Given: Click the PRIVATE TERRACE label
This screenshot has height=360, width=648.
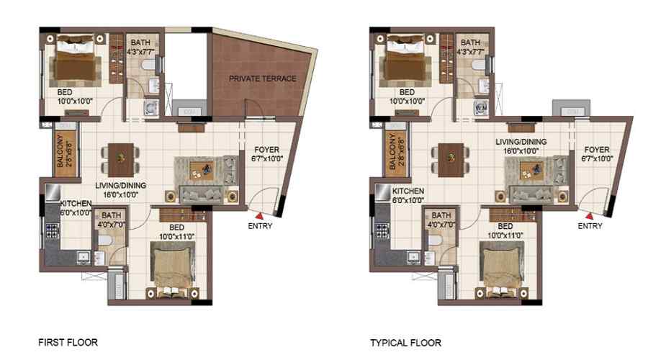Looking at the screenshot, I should pyautogui.click(x=263, y=78).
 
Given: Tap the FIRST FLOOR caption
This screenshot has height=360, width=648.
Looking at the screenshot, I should pyautogui.click(x=68, y=343).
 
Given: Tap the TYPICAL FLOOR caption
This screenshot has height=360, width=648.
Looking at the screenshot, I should pyautogui.click(x=405, y=343).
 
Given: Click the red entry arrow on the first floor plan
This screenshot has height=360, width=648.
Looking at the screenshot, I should pyautogui.click(x=258, y=214).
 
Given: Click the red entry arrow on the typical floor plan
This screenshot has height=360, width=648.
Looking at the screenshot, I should pyautogui.click(x=589, y=214).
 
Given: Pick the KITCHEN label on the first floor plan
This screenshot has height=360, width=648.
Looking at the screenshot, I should pyautogui.click(x=75, y=204).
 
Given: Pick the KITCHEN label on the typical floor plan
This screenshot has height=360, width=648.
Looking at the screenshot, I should pyautogui.click(x=408, y=192).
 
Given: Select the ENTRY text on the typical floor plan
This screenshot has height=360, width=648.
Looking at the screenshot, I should pyautogui.click(x=590, y=226).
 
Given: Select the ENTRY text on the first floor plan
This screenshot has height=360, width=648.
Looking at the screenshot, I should pyautogui.click(x=259, y=226).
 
